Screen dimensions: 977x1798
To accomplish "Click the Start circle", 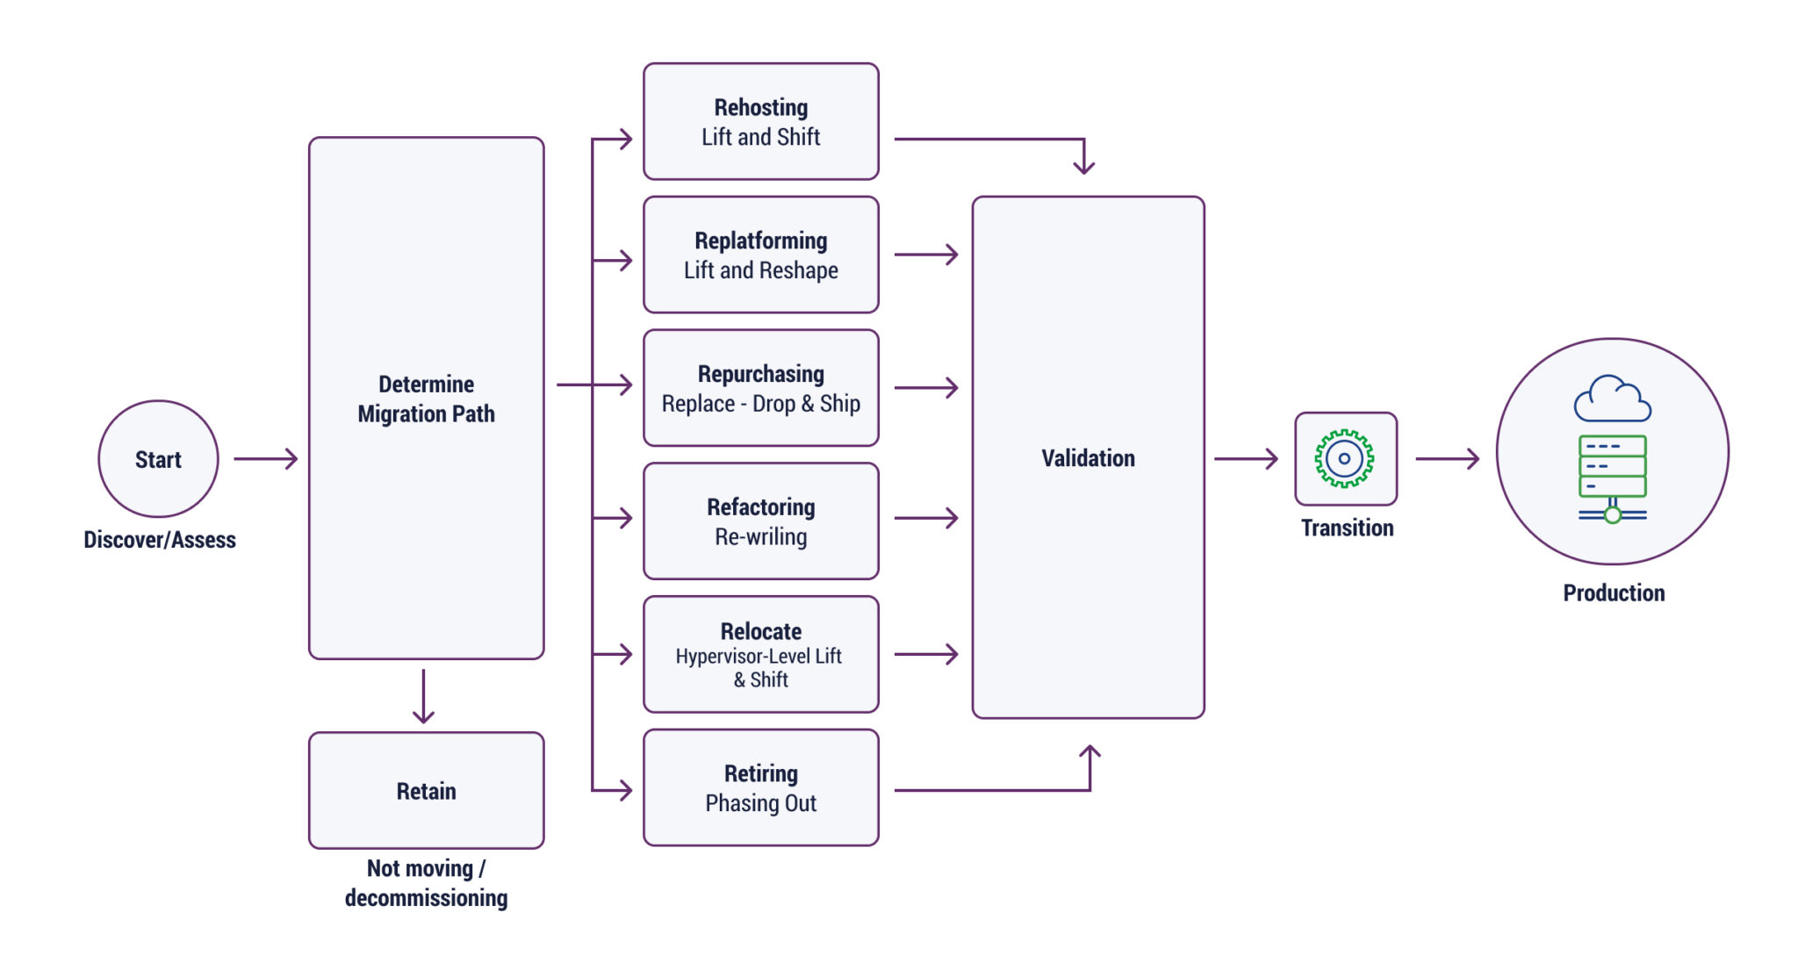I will pos(158,458).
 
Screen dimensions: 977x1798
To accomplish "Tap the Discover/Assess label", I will pos(160,540).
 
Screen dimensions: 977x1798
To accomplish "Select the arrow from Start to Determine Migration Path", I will pos(265,458).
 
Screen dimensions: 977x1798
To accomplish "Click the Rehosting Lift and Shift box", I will pos(760,121).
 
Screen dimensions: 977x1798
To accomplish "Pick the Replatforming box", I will pos(760,255).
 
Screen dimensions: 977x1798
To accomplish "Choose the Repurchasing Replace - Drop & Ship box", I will pos(760,388).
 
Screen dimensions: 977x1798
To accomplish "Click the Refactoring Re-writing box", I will pos(760,521).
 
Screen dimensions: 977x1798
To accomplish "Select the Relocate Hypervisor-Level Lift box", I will pos(760,655).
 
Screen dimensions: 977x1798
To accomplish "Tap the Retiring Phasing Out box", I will pos(760,788).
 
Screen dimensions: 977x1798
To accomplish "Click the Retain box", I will pos(426,790).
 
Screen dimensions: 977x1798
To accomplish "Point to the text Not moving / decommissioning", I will pos(426,883).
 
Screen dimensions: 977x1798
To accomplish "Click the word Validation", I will pos(1088,458).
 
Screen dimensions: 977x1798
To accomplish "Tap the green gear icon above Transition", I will pos(1344,458).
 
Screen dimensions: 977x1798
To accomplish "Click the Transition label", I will pos(1347,528).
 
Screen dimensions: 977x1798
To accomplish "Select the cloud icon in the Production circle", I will pos(1612,400).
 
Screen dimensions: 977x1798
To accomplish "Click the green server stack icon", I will pos(1612,475).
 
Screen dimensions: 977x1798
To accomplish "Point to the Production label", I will pos(1614,593).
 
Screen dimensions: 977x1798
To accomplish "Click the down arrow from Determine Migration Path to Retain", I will pos(423,697).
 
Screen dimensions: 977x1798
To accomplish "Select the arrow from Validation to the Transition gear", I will pos(1245,458).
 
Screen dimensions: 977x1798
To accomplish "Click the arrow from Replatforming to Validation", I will pos(925,255).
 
